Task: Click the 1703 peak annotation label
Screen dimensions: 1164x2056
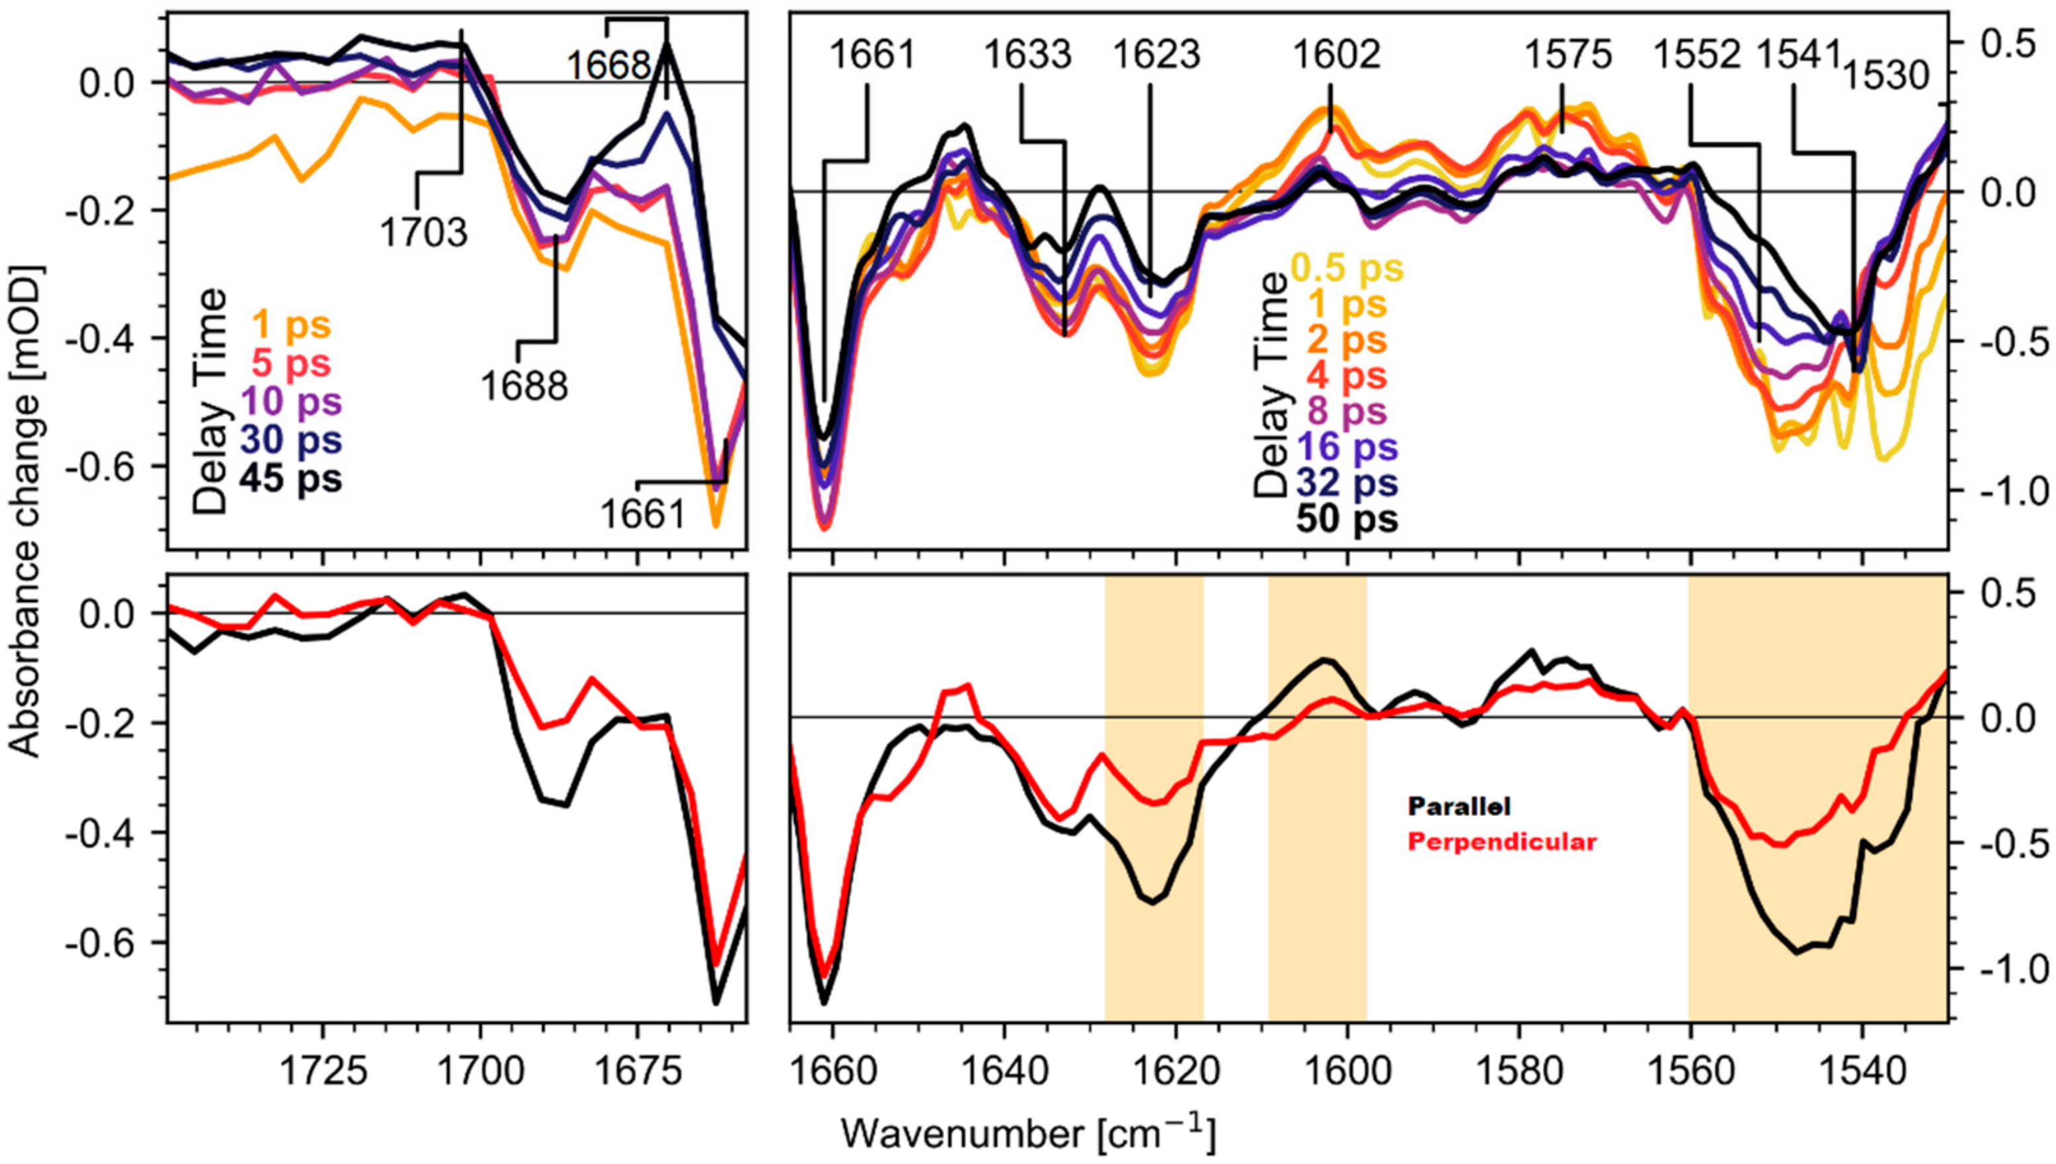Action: [422, 232]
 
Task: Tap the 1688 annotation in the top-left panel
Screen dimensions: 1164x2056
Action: [524, 386]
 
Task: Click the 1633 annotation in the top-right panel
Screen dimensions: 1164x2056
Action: [1027, 55]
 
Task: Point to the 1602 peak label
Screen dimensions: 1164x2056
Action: [1337, 55]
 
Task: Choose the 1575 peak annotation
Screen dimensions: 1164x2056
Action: [1568, 55]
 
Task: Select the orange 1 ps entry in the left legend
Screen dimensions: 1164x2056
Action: [291, 325]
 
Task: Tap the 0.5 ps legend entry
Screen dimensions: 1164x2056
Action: [1347, 268]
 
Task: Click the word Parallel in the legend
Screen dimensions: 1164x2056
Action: [1459, 806]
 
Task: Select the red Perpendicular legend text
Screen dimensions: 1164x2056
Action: [1502, 842]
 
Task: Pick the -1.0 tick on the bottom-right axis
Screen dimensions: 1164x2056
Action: [2003, 970]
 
